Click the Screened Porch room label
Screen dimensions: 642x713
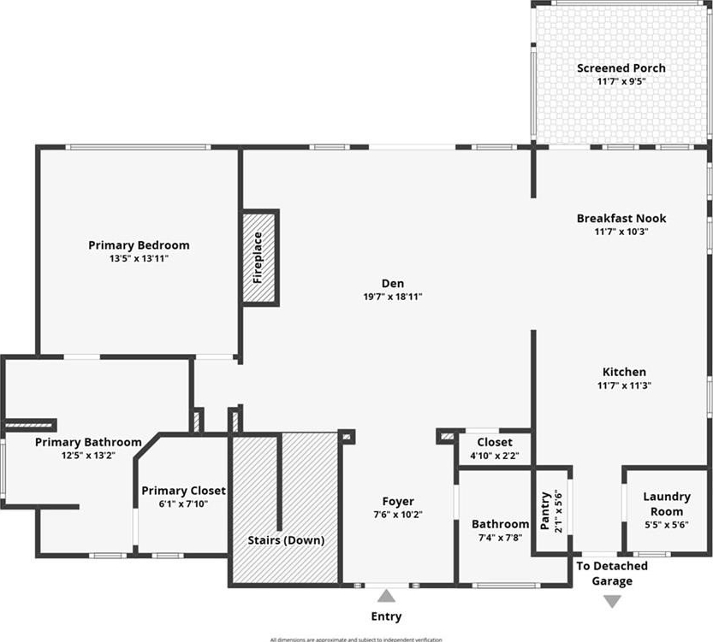(x=621, y=68)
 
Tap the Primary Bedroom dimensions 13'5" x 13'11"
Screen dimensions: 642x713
(x=139, y=258)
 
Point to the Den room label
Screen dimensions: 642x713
(x=393, y=283)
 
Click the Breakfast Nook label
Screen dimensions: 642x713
(x=621, y=218)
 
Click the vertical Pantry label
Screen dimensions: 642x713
(x=545, y=510)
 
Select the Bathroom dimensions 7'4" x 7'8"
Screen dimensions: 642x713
(x=500, y=538)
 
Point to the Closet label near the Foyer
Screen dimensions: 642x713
(x=494, y=442)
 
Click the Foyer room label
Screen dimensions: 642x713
(x=397, y=501)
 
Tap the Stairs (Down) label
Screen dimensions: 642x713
(x=286, y=540)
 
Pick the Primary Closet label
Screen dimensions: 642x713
(x=183, y=491)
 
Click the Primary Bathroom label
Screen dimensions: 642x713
(x=88, y=442)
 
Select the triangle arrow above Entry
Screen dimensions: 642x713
(x=387, y=596)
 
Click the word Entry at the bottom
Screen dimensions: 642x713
(x=386, y=616)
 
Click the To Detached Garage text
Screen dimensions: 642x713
(x=612, y=574)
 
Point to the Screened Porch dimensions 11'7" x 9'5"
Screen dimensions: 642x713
(x=621, y=82)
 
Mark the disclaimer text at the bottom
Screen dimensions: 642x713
(x=356, y=639)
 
